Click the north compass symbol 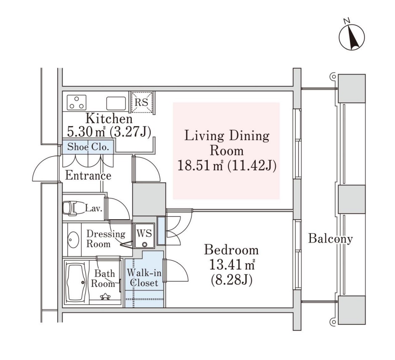pyautogui.click(x=352, y=37)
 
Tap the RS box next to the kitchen pyautogui.click(x=141, y=102)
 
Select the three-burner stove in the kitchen pyautogui.click(x=77, y=102)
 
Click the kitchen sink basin pyautogui.click(x=116, y=103)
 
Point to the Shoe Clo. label pyautogui.click(x=88, y=147)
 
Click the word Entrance pyautogui.click(x=88, y=176)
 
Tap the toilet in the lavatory pyautogui.click(x=70, y=208)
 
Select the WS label pyautogui.click(x=144, y=233)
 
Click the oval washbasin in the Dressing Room pyautogui.click(x=73, y=239)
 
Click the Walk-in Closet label pyautogui.click(x=144, y=277)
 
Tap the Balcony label pyautogui.click(x=331, y=238)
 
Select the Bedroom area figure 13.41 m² pyautogui.click(x=232, y=265)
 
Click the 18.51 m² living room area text pyautogui.click(x=200, y=165)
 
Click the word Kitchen pyautogui.click(x=109, y=118)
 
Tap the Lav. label pyautogui.click(x=93, y=208)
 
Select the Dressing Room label pyautogui.click(x=106, y=239)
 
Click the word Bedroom pyautogui.click(x=231, y=250)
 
